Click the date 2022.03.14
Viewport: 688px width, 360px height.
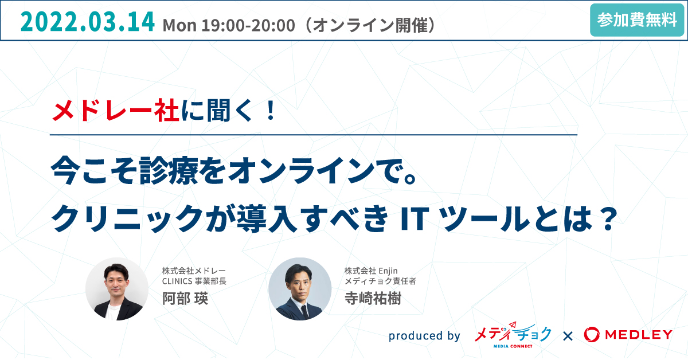(x=88, y=22)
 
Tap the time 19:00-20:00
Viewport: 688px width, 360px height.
(x=248, y=25)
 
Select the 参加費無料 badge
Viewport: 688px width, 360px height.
(x=636, y=20)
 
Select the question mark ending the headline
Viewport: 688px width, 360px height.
(x=608, y=219)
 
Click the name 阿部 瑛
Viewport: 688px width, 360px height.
(x=185, y=298)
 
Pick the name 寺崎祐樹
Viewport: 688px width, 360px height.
(x=373, y=298)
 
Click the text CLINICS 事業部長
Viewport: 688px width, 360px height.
(x=194, y=281)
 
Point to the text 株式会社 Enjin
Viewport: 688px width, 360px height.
(x=371, y=271)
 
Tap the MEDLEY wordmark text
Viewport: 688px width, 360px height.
(x=639, y=335)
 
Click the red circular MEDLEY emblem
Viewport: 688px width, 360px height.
(x=592, y=335)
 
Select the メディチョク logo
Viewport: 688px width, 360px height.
(x=513, y=335)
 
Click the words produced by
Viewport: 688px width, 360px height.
(x=424, y=335)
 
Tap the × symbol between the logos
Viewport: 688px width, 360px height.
(x=568, y=336)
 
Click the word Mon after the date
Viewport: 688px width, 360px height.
(x=179, y=25)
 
